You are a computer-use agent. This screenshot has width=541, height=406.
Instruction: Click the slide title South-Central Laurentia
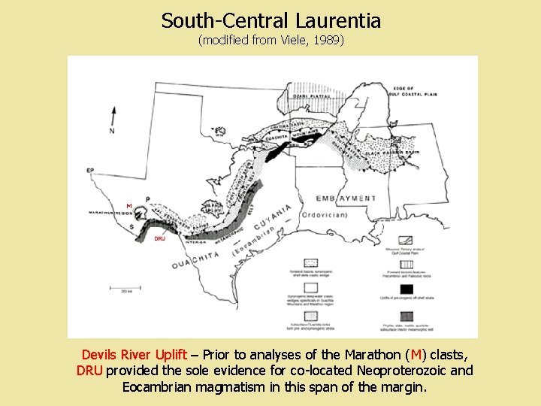click(x=270, y=20)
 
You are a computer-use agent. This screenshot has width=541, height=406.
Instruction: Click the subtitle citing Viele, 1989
click(x=270, y=41)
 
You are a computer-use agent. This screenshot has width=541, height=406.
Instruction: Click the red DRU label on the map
click(x=159, y=238)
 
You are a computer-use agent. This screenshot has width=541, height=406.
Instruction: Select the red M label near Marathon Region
click(x=128, y=205)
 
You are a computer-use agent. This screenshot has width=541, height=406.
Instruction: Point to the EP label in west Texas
click(x=91, y=171)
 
